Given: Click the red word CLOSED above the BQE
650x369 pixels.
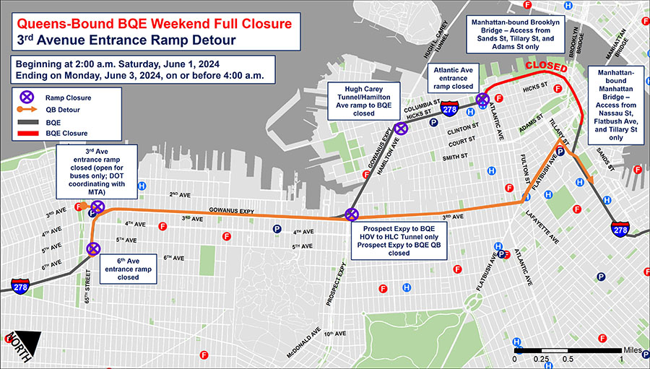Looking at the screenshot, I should tap(546, 67).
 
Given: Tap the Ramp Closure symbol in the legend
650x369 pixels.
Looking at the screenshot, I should tap(27, 97).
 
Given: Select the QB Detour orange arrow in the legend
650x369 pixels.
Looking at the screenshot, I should tap(27, 110).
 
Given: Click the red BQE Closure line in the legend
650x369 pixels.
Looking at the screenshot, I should tap(27, 134).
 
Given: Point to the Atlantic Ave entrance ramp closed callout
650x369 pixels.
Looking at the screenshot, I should tap(453, 77).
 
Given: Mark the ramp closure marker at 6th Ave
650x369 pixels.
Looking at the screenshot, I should tap(93, 249).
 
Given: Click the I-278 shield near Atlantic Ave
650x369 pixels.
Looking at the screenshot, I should tap(448, 110).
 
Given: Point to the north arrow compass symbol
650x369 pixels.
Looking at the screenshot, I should tap(21, 344).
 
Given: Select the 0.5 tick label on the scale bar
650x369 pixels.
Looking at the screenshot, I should tap(568, 359).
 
